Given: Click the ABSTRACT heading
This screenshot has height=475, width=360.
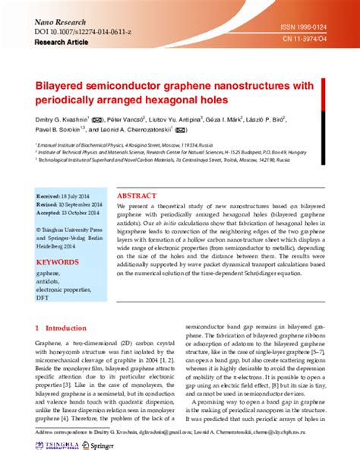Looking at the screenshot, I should coord(137,195).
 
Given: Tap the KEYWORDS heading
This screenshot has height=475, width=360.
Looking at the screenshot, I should coord(57,262).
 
